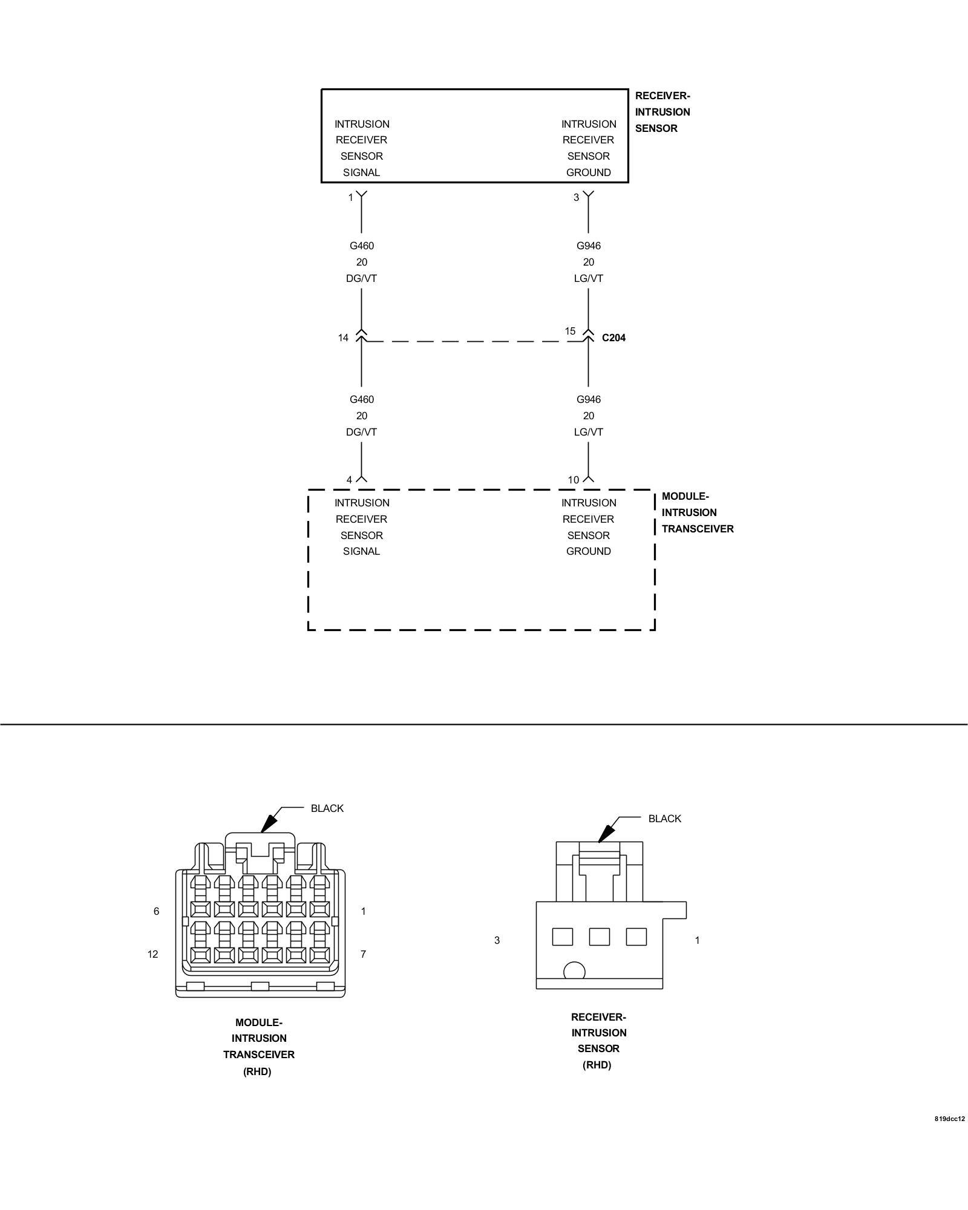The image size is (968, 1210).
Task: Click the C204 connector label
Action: coord(613,338)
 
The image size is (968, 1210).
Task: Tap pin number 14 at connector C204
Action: coord(343,338)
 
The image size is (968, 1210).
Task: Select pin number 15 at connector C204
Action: coord(570,331)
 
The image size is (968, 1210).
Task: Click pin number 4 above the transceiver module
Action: coord(349,480)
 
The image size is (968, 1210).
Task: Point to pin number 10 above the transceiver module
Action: coord(573,480)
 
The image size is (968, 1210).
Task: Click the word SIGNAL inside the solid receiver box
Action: coord(361,172)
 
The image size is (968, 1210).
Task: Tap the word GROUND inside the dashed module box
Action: coord(588,551)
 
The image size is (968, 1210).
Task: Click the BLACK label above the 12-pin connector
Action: coord(327,808)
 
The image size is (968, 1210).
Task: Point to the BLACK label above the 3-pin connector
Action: coord(664,819)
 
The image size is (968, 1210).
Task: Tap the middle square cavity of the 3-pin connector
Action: coord(599,937)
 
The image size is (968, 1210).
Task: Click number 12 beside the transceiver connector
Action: coord(152,954)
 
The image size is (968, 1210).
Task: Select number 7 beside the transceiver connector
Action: coord(363,954)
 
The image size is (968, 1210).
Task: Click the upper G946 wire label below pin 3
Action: coord(588,246)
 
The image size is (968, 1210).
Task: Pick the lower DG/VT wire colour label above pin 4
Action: coord(361,432)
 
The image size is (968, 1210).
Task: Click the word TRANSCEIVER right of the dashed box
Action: coord(697,529)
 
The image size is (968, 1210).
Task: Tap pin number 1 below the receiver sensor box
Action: coord(350,197)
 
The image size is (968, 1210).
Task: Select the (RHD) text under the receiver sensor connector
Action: coord(597,1065)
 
